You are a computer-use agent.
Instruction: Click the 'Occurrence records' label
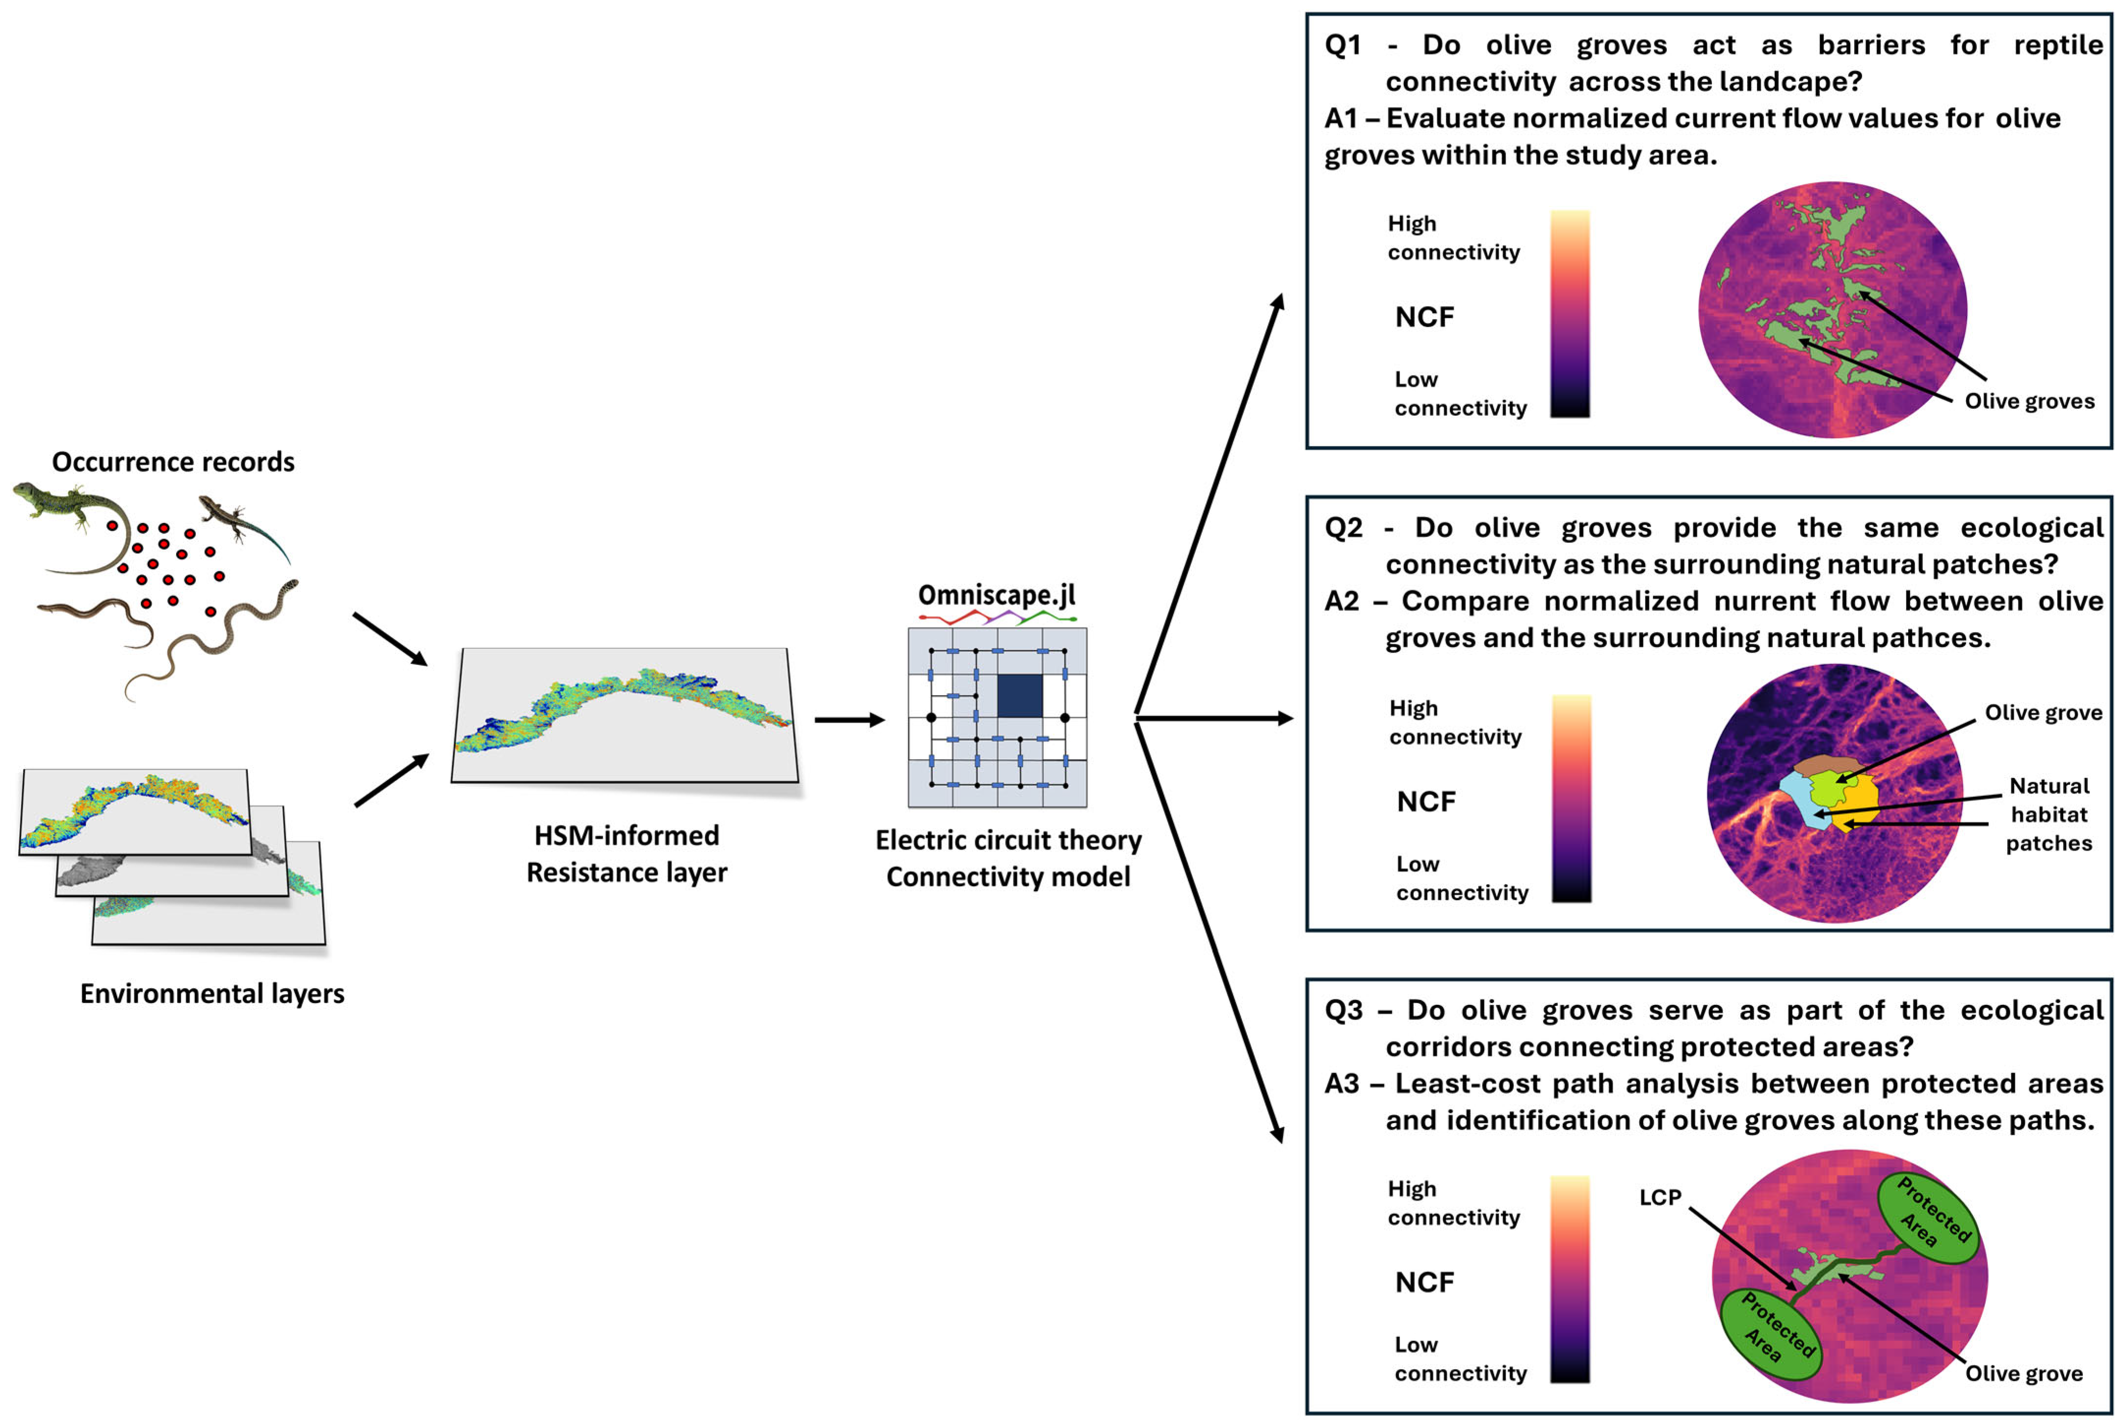tap(173, 462)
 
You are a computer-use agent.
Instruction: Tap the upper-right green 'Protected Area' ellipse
tap(1927, 1218)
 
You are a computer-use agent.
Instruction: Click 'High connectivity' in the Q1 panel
tap(1453, 238)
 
